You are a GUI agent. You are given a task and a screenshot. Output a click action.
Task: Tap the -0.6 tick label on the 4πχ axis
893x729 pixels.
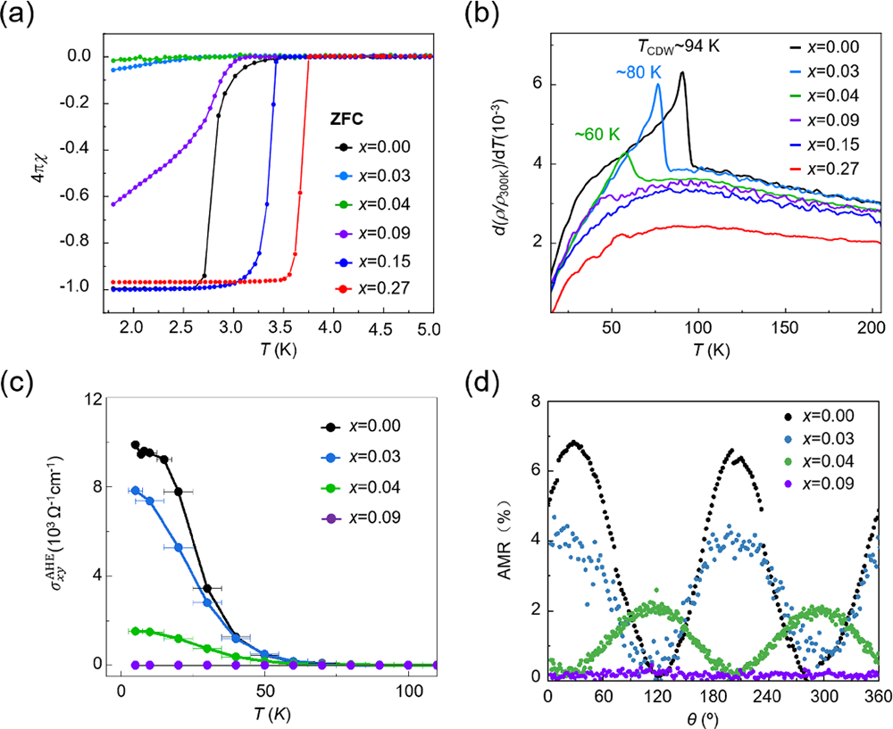(x=75, y=197)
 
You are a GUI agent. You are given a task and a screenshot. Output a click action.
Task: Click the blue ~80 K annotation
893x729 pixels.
(x=632, y=72)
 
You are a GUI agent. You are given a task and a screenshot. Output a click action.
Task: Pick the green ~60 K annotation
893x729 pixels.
(x=589, y=134)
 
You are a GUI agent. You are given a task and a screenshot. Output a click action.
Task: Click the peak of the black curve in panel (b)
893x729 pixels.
(x=682, y=72)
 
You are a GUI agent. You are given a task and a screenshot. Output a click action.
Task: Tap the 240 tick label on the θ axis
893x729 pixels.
(x=761, y=695)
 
